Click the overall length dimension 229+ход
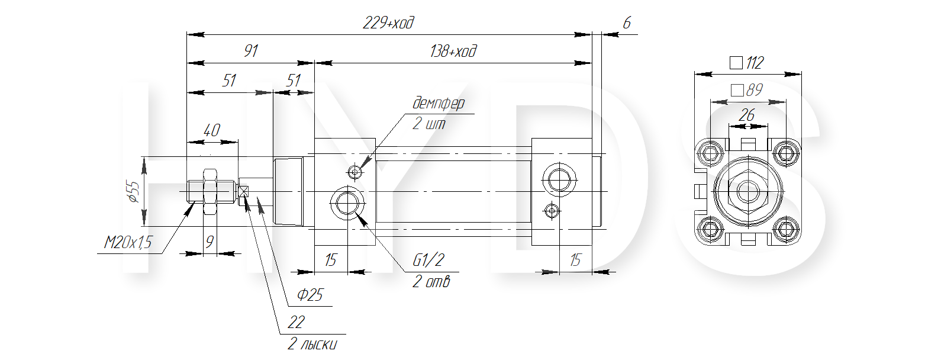pos(389,22)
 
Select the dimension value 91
pos(251,51)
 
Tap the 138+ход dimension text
pos(453,52)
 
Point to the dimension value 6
pos(627,22)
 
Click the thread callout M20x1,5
pos(128,242)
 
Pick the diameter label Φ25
pos(310,295)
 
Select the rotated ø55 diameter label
pos(134,192)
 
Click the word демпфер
pos(439,104)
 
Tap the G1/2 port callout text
pos(428,261)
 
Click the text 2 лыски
pos(312,344)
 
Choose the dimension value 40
pos(212,130)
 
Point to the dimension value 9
pos(209,242)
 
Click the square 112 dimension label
pos(746,63)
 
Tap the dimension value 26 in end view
pos(746,115)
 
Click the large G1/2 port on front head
pos(347,203)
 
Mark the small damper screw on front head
pos(356,171)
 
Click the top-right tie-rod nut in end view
pos(785,153)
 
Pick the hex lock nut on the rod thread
pos(210,192)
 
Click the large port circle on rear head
pos(559,179)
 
